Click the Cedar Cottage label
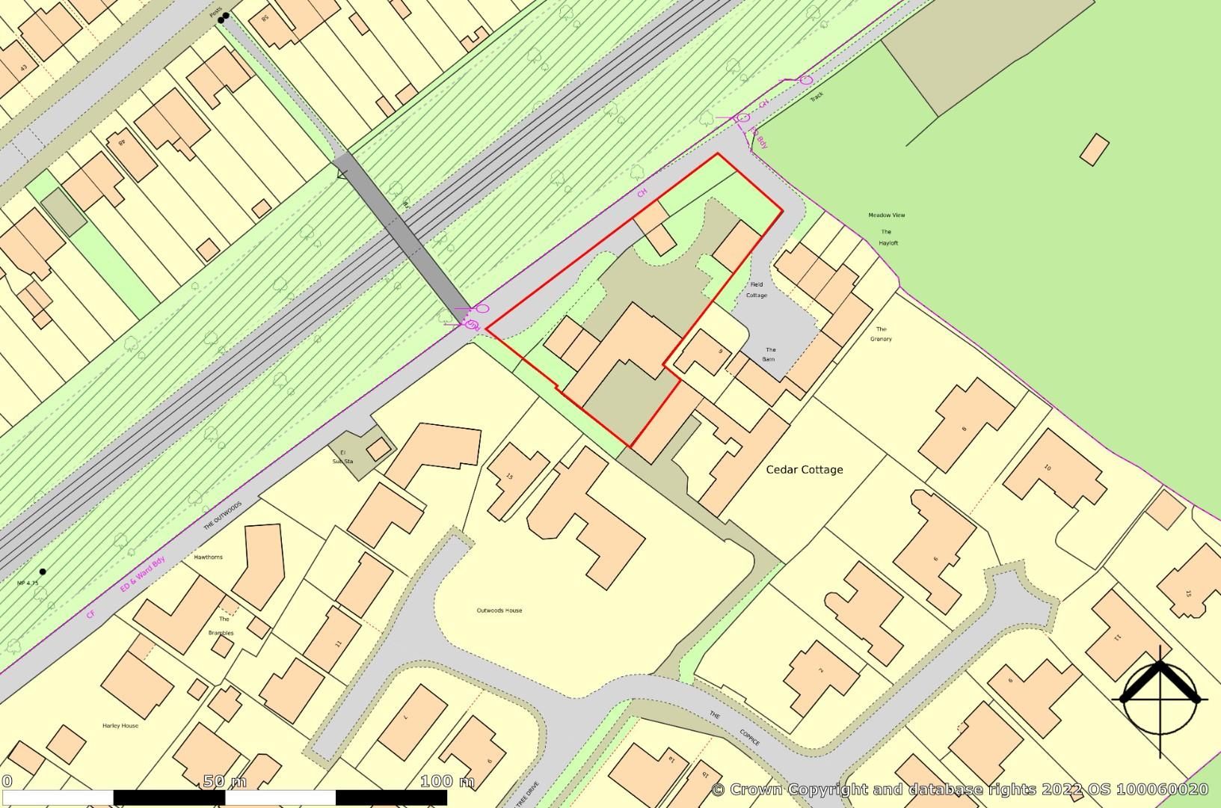805,470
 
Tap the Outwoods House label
499,610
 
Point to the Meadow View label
886,215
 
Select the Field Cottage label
756,290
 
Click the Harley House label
120,726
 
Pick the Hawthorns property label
209,557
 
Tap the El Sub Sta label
342,456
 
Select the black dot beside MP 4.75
43,572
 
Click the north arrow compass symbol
1159,700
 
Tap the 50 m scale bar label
224,782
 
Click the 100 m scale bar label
447,782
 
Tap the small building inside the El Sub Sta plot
379,449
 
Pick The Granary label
881,334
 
